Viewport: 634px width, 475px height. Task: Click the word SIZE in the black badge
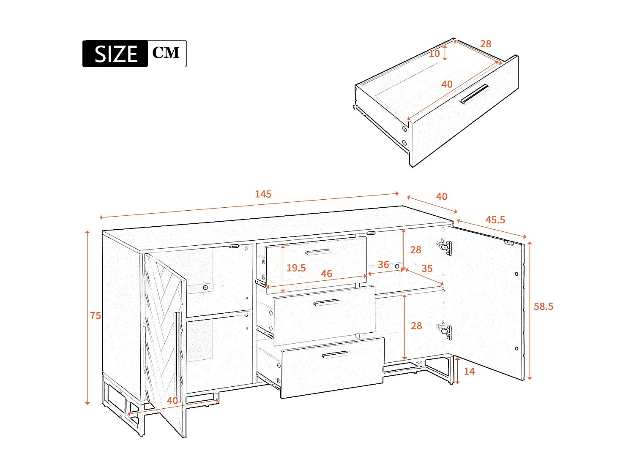tap(116, 54)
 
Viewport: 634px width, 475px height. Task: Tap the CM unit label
tap(166, 53)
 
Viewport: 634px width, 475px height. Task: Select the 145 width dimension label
tap(263, 194)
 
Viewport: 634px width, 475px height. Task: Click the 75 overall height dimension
tap(96, 315)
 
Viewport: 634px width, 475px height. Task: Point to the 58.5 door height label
tap(543, 307)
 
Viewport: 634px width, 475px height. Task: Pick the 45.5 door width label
tap(495, 220)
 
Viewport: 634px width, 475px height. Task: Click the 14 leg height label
tap(469, 372)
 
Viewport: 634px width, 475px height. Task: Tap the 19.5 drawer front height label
tap(296, 268)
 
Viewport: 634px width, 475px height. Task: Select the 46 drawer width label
tap(326, 274)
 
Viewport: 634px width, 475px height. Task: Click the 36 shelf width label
tap(383, 265)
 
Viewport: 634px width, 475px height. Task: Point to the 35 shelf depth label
tap(427, 269)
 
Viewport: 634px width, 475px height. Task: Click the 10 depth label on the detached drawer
tap(435, 54)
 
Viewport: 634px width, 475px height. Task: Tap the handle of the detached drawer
tap(474, 94)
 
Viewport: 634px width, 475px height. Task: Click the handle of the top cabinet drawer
tap(318, 252)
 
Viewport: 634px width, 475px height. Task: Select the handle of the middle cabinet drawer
tap(326, 302)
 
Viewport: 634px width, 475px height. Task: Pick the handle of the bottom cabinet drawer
tap(335, 354)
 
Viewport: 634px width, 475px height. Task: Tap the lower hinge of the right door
tap(444, 331)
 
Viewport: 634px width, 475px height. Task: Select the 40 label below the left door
tap(172, 400)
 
